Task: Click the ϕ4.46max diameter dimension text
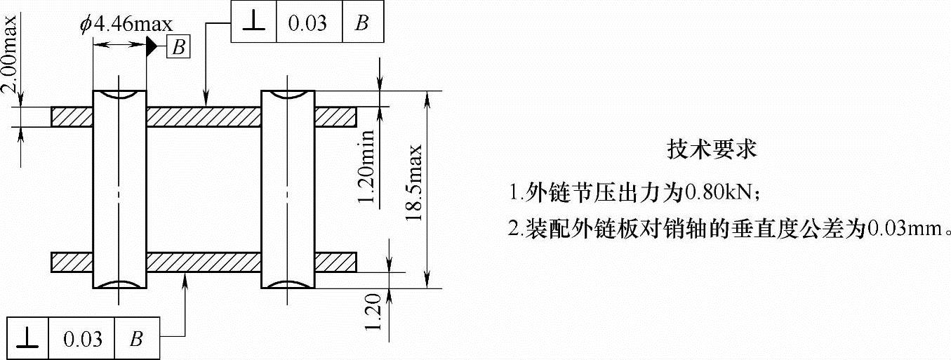[x=126, y=25]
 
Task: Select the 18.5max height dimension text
[x=415, y=185]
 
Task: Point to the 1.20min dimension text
[x=366, y=169]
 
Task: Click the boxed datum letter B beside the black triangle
[x=178, y=48]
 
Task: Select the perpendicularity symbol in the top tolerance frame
[x=254, y=22]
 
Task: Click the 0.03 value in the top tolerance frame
[x=307, y=22]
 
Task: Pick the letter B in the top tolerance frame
[x=362, y=22]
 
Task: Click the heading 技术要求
[x=712, y=149]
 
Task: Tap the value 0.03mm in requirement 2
[x=905, y=229]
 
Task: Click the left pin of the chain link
[x=120, y=189]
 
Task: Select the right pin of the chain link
[x=288, y=189]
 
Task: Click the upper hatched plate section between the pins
[x=204, y=116]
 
